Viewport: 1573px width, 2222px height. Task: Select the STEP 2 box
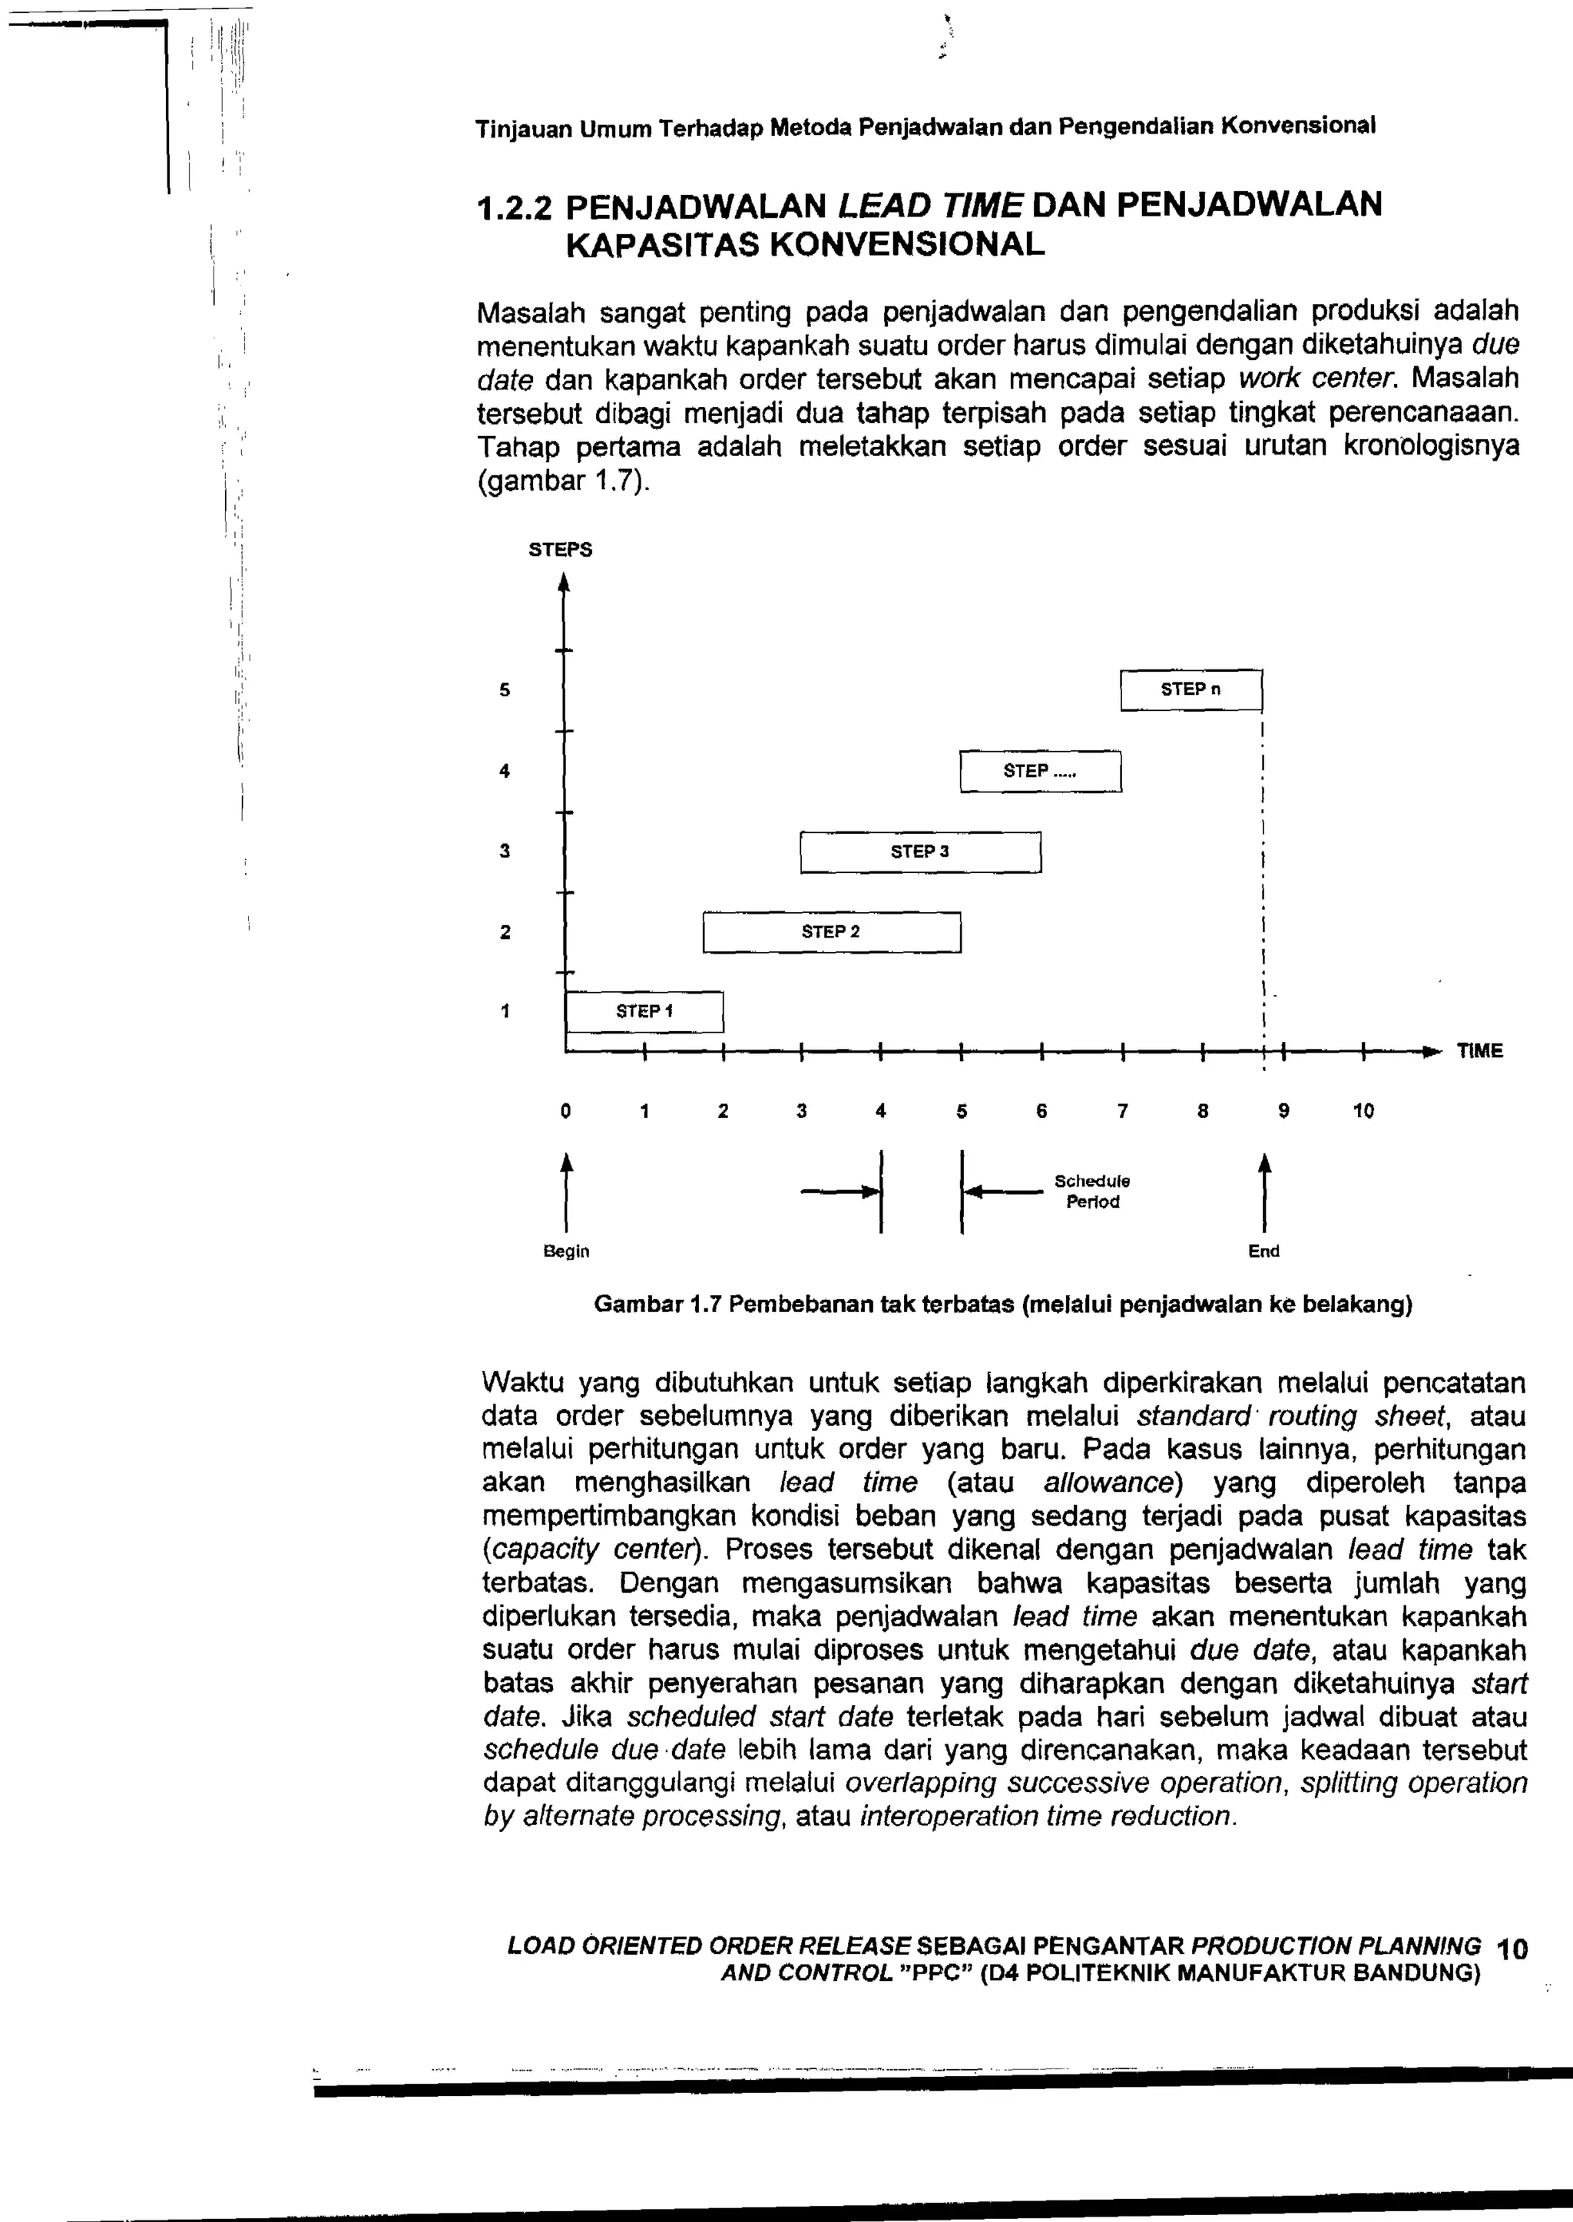pyautogui.click(x=831, y=932)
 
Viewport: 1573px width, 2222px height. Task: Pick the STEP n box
pyautogui.click(x=1191, y=689)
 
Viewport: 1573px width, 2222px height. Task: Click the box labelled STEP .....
pyautogui.click(x=1040, y=772)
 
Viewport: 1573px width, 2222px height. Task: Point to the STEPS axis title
pyautogui.click(x=560, y=550)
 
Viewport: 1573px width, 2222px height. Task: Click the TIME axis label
pyautogui.click(x=1479, y=1051)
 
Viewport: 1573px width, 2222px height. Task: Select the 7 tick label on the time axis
pyautogui.click(x=1121, y=1112)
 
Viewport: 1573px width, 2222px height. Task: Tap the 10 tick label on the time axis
pyautogui.click(x=1363, y=1112)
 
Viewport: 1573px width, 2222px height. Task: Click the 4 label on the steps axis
pyautogui.click(x=504, y=772)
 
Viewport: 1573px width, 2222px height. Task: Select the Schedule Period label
pyautogui.click(x=1093, y=1192)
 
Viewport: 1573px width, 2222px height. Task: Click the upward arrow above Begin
pyautogui.click(x=567, y=1191)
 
